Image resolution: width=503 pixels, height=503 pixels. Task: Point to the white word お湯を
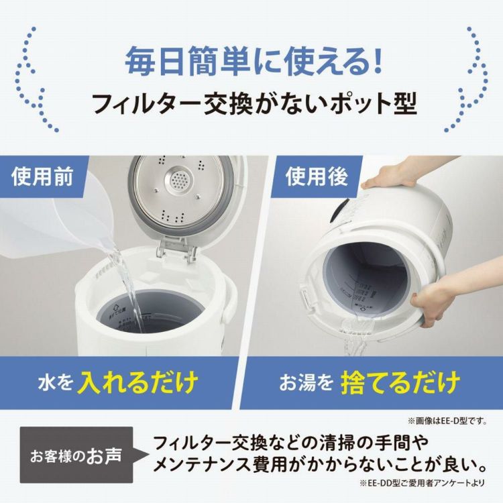(x=306, y=384)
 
